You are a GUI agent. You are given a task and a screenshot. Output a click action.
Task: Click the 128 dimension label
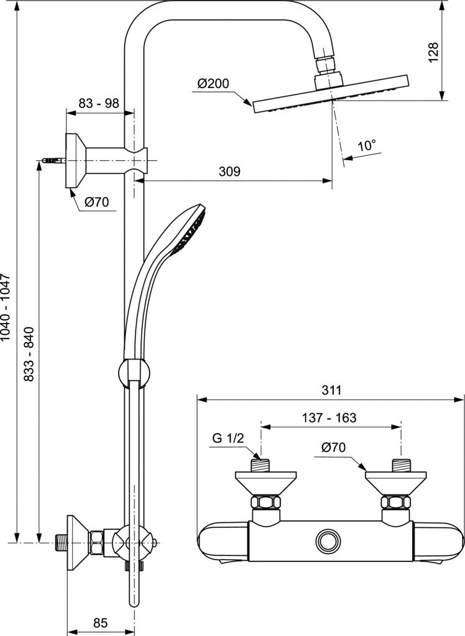(x=434, y=52)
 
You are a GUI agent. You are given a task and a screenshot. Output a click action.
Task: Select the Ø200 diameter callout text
(x=213, y=84)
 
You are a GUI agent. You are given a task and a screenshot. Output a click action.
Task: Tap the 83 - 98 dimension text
(x=99, y=104)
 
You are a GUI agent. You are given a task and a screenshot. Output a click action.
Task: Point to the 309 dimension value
(x=229, y=171)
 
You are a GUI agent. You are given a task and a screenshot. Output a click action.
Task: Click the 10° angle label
(x=367, y=145)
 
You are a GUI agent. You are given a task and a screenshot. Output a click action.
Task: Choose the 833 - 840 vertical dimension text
(x=29, y=353)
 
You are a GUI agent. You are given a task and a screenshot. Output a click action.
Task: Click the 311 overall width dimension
(x=332, y=390)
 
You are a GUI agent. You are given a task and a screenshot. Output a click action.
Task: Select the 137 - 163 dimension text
(x=329, y=417)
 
